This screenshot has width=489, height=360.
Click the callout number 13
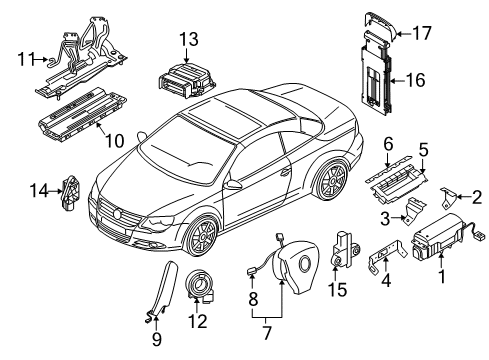189,39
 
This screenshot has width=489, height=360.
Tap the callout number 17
422,33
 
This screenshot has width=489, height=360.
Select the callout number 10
115,141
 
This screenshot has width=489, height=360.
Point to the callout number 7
266,333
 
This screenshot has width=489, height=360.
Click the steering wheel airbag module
295,265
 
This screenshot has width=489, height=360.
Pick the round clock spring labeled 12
201,285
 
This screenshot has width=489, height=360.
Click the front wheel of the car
201,236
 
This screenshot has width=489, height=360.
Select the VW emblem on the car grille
118,213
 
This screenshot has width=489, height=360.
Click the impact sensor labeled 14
71,193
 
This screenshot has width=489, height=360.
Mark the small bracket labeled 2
448,197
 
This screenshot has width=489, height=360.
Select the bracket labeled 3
413,211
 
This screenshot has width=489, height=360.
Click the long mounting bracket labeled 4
388,256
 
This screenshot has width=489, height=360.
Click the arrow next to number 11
41,59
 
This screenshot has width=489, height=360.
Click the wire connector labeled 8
251,272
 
